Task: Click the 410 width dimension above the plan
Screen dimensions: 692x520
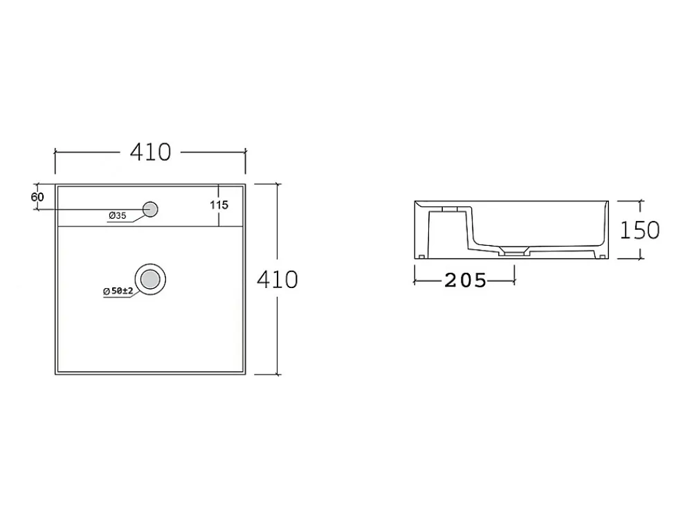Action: pos(150,152)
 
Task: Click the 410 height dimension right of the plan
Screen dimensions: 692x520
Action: pos(277,280)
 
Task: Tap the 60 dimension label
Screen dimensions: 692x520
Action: pos(37,197)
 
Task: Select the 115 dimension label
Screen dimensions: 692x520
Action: pos(219,205)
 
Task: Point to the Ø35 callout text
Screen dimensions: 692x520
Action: pos(118,215)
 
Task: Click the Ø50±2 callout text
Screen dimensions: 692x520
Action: pos(118,291)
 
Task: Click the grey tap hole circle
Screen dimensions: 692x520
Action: pos(150,209)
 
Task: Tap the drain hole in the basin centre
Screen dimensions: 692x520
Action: pos(150,279)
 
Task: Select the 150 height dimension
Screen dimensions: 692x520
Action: pos(639,230)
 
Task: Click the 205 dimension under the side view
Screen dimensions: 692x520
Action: pos(465,280)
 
